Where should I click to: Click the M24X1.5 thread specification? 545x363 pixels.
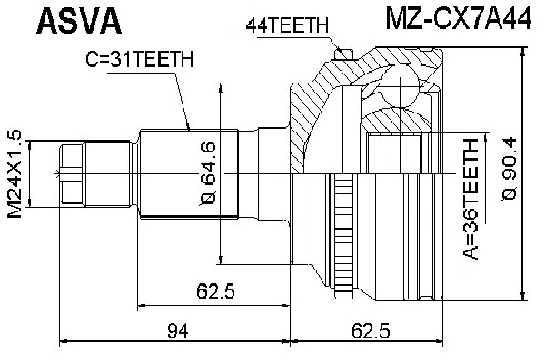[x=14, y=172]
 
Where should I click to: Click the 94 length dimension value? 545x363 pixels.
[x=177, y=332]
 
